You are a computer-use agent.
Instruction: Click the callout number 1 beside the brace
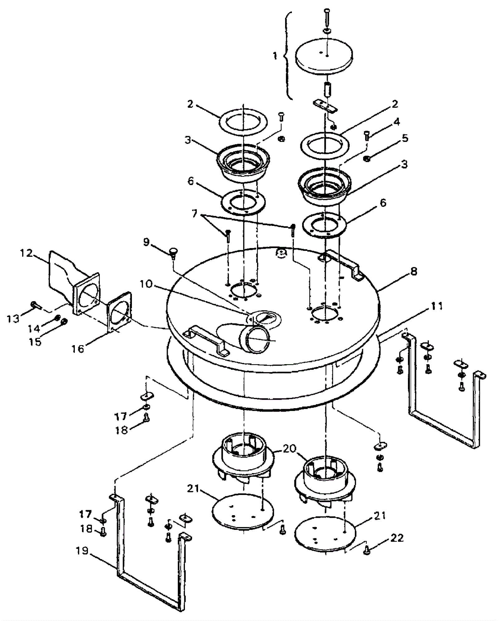coord(275,56)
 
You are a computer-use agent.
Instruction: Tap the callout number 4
coord(396,122)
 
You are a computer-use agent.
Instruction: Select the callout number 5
coord(405,138)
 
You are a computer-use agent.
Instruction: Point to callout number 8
coord(414,271)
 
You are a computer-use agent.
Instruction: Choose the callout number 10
coord(146,284)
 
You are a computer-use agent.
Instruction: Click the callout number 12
coord(26,253)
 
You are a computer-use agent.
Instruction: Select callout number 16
coord(78,349)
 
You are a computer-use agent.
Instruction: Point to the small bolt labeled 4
coord(367,136)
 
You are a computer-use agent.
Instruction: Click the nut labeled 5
coord(367,159)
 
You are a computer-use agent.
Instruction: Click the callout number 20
coord(289,449)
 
